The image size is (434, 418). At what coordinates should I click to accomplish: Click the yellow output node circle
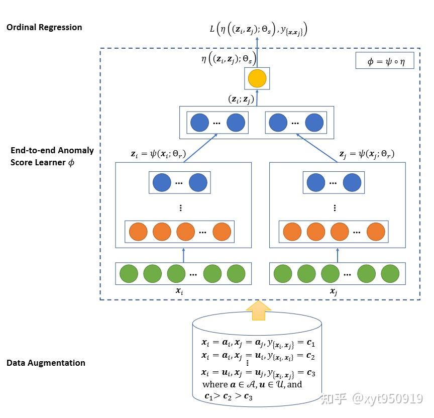[257, 78]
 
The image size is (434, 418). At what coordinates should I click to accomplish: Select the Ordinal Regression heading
[44, 27]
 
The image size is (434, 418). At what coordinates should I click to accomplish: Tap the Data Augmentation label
[46, 363]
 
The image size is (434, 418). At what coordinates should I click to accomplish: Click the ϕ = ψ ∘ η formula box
[384, 61]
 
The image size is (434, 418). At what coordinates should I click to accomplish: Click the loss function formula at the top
[258, 30]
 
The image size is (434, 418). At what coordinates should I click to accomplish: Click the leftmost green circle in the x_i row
[129, 274]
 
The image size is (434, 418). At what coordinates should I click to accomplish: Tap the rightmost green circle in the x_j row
[390, 274]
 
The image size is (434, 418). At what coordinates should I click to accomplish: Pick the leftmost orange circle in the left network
[138, 232]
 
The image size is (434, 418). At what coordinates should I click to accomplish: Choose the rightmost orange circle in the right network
[375, 232]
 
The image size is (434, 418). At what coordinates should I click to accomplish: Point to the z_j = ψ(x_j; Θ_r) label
[366, 154]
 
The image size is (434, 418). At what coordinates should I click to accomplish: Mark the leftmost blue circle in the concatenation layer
[199, 123]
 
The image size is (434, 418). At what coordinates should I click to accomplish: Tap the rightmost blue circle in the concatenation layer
[314, 123]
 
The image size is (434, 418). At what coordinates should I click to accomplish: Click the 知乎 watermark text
[334, 399]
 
